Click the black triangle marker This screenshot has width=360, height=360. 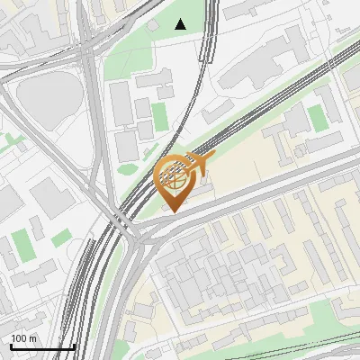pos(181,24)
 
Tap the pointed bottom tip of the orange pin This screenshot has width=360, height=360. pos(171,212)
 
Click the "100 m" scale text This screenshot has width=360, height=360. pos(23,338)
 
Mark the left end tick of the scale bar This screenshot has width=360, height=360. pos(11,346)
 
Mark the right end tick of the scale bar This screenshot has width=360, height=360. pos(74,346)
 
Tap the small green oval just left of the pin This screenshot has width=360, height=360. pos(128,168)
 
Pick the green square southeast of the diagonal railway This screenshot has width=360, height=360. pos(316,116)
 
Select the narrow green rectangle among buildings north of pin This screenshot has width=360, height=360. pos(159,116)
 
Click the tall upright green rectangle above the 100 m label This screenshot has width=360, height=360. pos(21,244)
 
